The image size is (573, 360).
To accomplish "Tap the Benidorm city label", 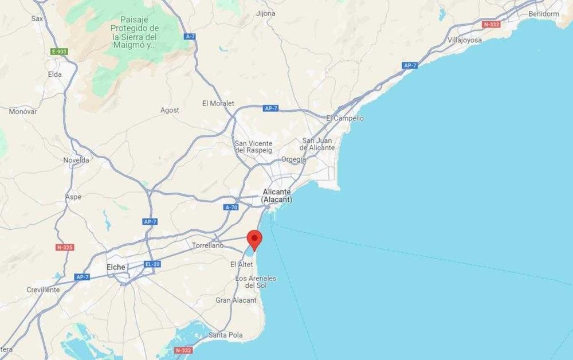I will pyautogui.click(x=544, y=13).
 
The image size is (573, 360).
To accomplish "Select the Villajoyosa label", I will pyautogui.click(x=465, y=40).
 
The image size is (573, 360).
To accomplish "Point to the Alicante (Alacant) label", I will pyautogui.click(x=277, y=195).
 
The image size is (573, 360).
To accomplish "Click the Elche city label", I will pyautogui.click(x=116, y=267).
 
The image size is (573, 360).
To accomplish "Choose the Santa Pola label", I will pyautogui.click(x=226, y=335).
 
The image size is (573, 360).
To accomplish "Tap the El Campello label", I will pyautogui.click(x=344, y=118).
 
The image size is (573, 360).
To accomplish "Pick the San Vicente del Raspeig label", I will pyautogui.click(x=254, y=146).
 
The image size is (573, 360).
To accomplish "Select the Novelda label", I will pyautogui.click(x=76, y=160).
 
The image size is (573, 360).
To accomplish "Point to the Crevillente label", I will pyautogui.click(x=43, y=289).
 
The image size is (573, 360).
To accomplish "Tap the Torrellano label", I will pyautogui.click(x=208, y=245).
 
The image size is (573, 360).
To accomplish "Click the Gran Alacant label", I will pyautogui.click(x=236, y=300).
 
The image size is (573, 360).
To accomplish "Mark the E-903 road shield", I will pyautogui.click(x=59, y=52).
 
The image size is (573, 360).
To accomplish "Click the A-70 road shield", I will pyautogui.click(x=231, y=208).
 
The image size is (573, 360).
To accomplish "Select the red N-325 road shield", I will pyautogui.click(x=64, y=248).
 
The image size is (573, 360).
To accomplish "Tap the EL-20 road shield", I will pyautogui.click(x=152, y=264).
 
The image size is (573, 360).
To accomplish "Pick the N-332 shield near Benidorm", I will pyautogui.click(x=491, y=25).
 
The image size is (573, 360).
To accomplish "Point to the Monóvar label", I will pyautogui.click(x=23, y=111).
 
